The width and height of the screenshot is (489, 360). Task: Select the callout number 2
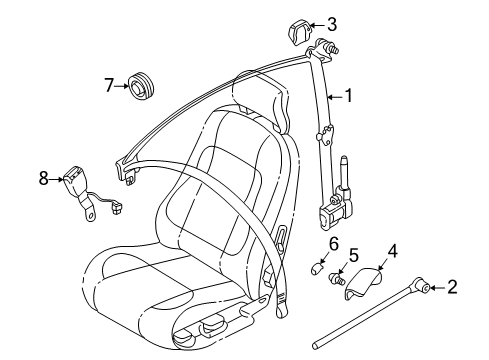tap(452, 288)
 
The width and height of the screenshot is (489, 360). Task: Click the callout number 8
tap(44, 179)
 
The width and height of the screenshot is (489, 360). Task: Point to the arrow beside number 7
tap(124, 85)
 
